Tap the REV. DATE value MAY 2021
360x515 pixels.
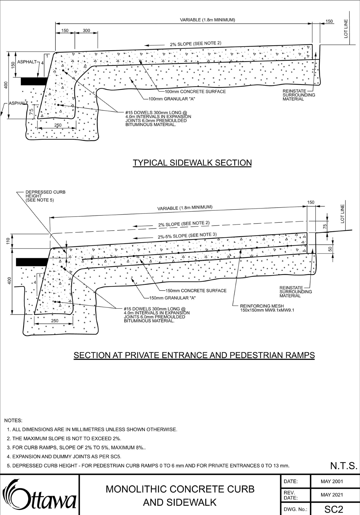tap(332, 495)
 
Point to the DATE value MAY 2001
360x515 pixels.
tap(332, 481)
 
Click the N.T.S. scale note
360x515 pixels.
tap(343, 465)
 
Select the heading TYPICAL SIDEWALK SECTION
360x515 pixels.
tap(192, 163)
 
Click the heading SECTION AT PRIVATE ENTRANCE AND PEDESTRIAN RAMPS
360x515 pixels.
tap(194, 355)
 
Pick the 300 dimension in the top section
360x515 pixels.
tap(86, 30)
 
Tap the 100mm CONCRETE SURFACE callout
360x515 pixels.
tap(195, 91)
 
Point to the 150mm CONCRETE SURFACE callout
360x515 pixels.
tap(196, 291)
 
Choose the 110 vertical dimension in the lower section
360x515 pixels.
tap(8, 241)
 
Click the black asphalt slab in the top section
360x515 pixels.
tap(34, 81)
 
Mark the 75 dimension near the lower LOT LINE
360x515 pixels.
tap(325, 227)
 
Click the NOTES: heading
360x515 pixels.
tap(13, 420)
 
